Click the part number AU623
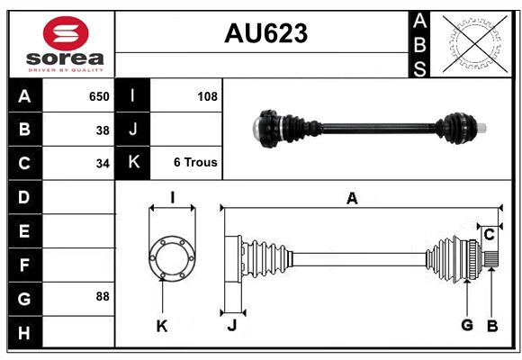coord(265,33)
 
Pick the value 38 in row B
coord(103,130)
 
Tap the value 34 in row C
coord(103,164)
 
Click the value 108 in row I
coord(207,96)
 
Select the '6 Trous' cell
coord(195,163)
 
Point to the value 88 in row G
coord(102,296)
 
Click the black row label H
coord(23,334)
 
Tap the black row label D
coord(23,196)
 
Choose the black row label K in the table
coord(132,163)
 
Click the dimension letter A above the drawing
coord(352,199)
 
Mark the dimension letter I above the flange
coord(171,198)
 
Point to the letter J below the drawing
coord(231,326)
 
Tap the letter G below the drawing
coord(466,325)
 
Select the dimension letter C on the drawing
coord(489,235)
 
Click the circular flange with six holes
coord(171,257)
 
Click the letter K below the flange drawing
coord(162,326)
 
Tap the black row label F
coord(23,265)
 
